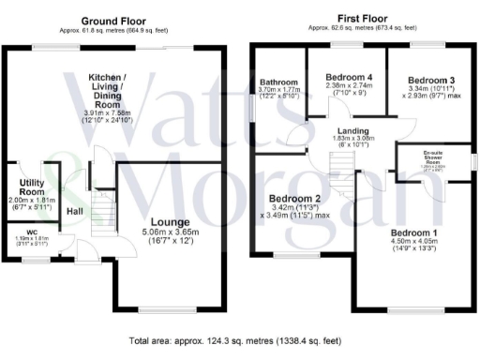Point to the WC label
point(32,233)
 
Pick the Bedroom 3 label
point(430,81)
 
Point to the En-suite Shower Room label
point(433,157)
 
